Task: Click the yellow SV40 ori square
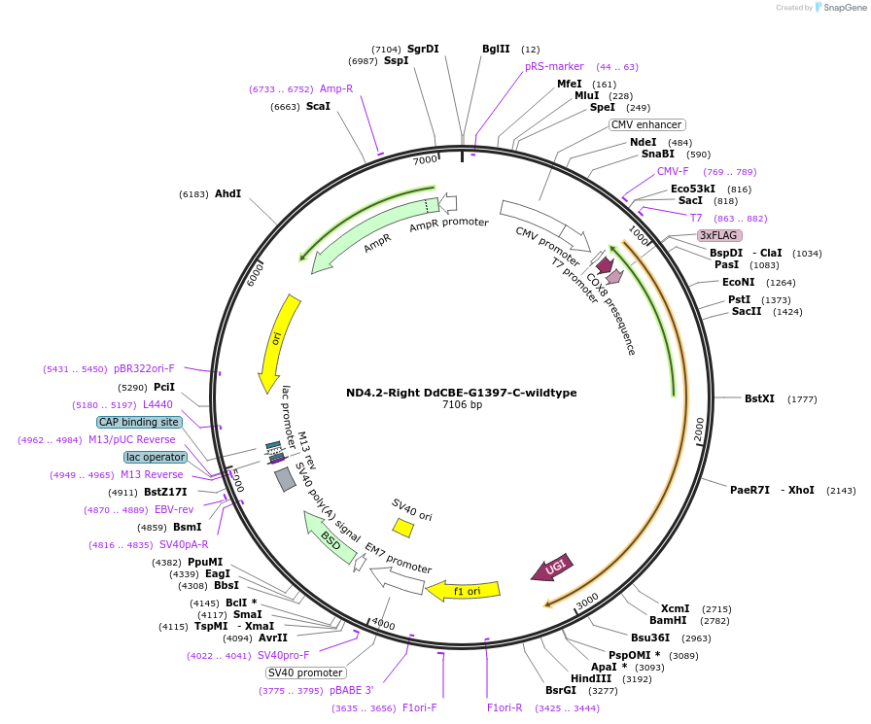(x=402, y=527)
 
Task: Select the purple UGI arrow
(x=552, y=568)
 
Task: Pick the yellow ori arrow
(x=276, y=344)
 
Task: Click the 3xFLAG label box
(x=719, y=235)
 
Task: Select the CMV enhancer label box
(x=647, y=124)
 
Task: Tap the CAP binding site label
(x=139, y=422)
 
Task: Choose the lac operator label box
(x=155, y=457)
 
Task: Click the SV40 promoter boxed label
(x=306, y=672)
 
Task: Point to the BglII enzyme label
(x=496, y=49)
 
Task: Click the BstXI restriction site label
(x=759, y=398)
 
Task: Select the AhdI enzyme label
(x=227, y=194)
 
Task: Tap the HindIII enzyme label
(x=590, y=678)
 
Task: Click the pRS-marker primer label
(x=554, y=66)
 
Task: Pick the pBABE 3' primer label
(x=351, y=690)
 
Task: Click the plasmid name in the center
(x=462, y=393)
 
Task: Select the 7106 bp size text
(x=462, y=404)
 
